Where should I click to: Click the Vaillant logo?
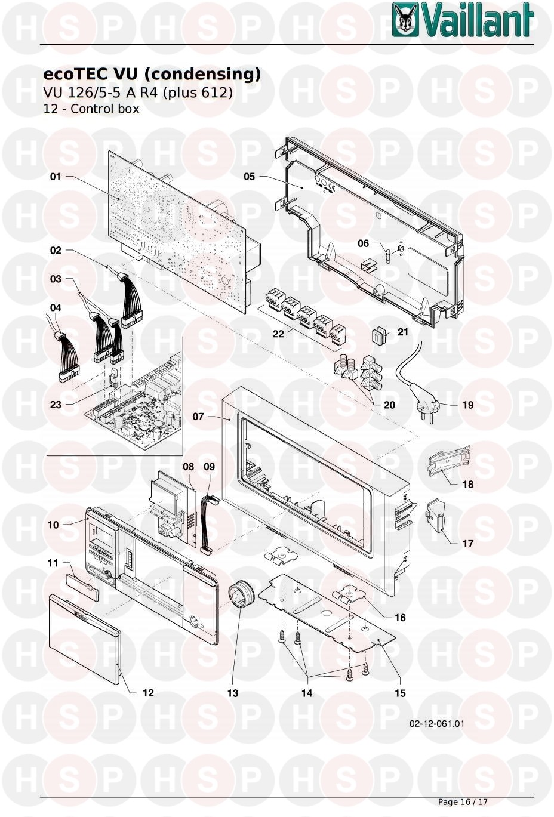(463, 20)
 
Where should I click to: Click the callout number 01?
(56, 177)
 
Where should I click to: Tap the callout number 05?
(250, 177)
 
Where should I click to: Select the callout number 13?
(233, 693)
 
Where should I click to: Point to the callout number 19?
(468, 405)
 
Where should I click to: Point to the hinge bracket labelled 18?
(448, 461)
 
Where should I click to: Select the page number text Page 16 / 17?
(463, 802)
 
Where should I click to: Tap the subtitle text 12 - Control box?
(91, 109)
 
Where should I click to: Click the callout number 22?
(278, 334)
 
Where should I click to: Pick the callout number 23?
(56, 405)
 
